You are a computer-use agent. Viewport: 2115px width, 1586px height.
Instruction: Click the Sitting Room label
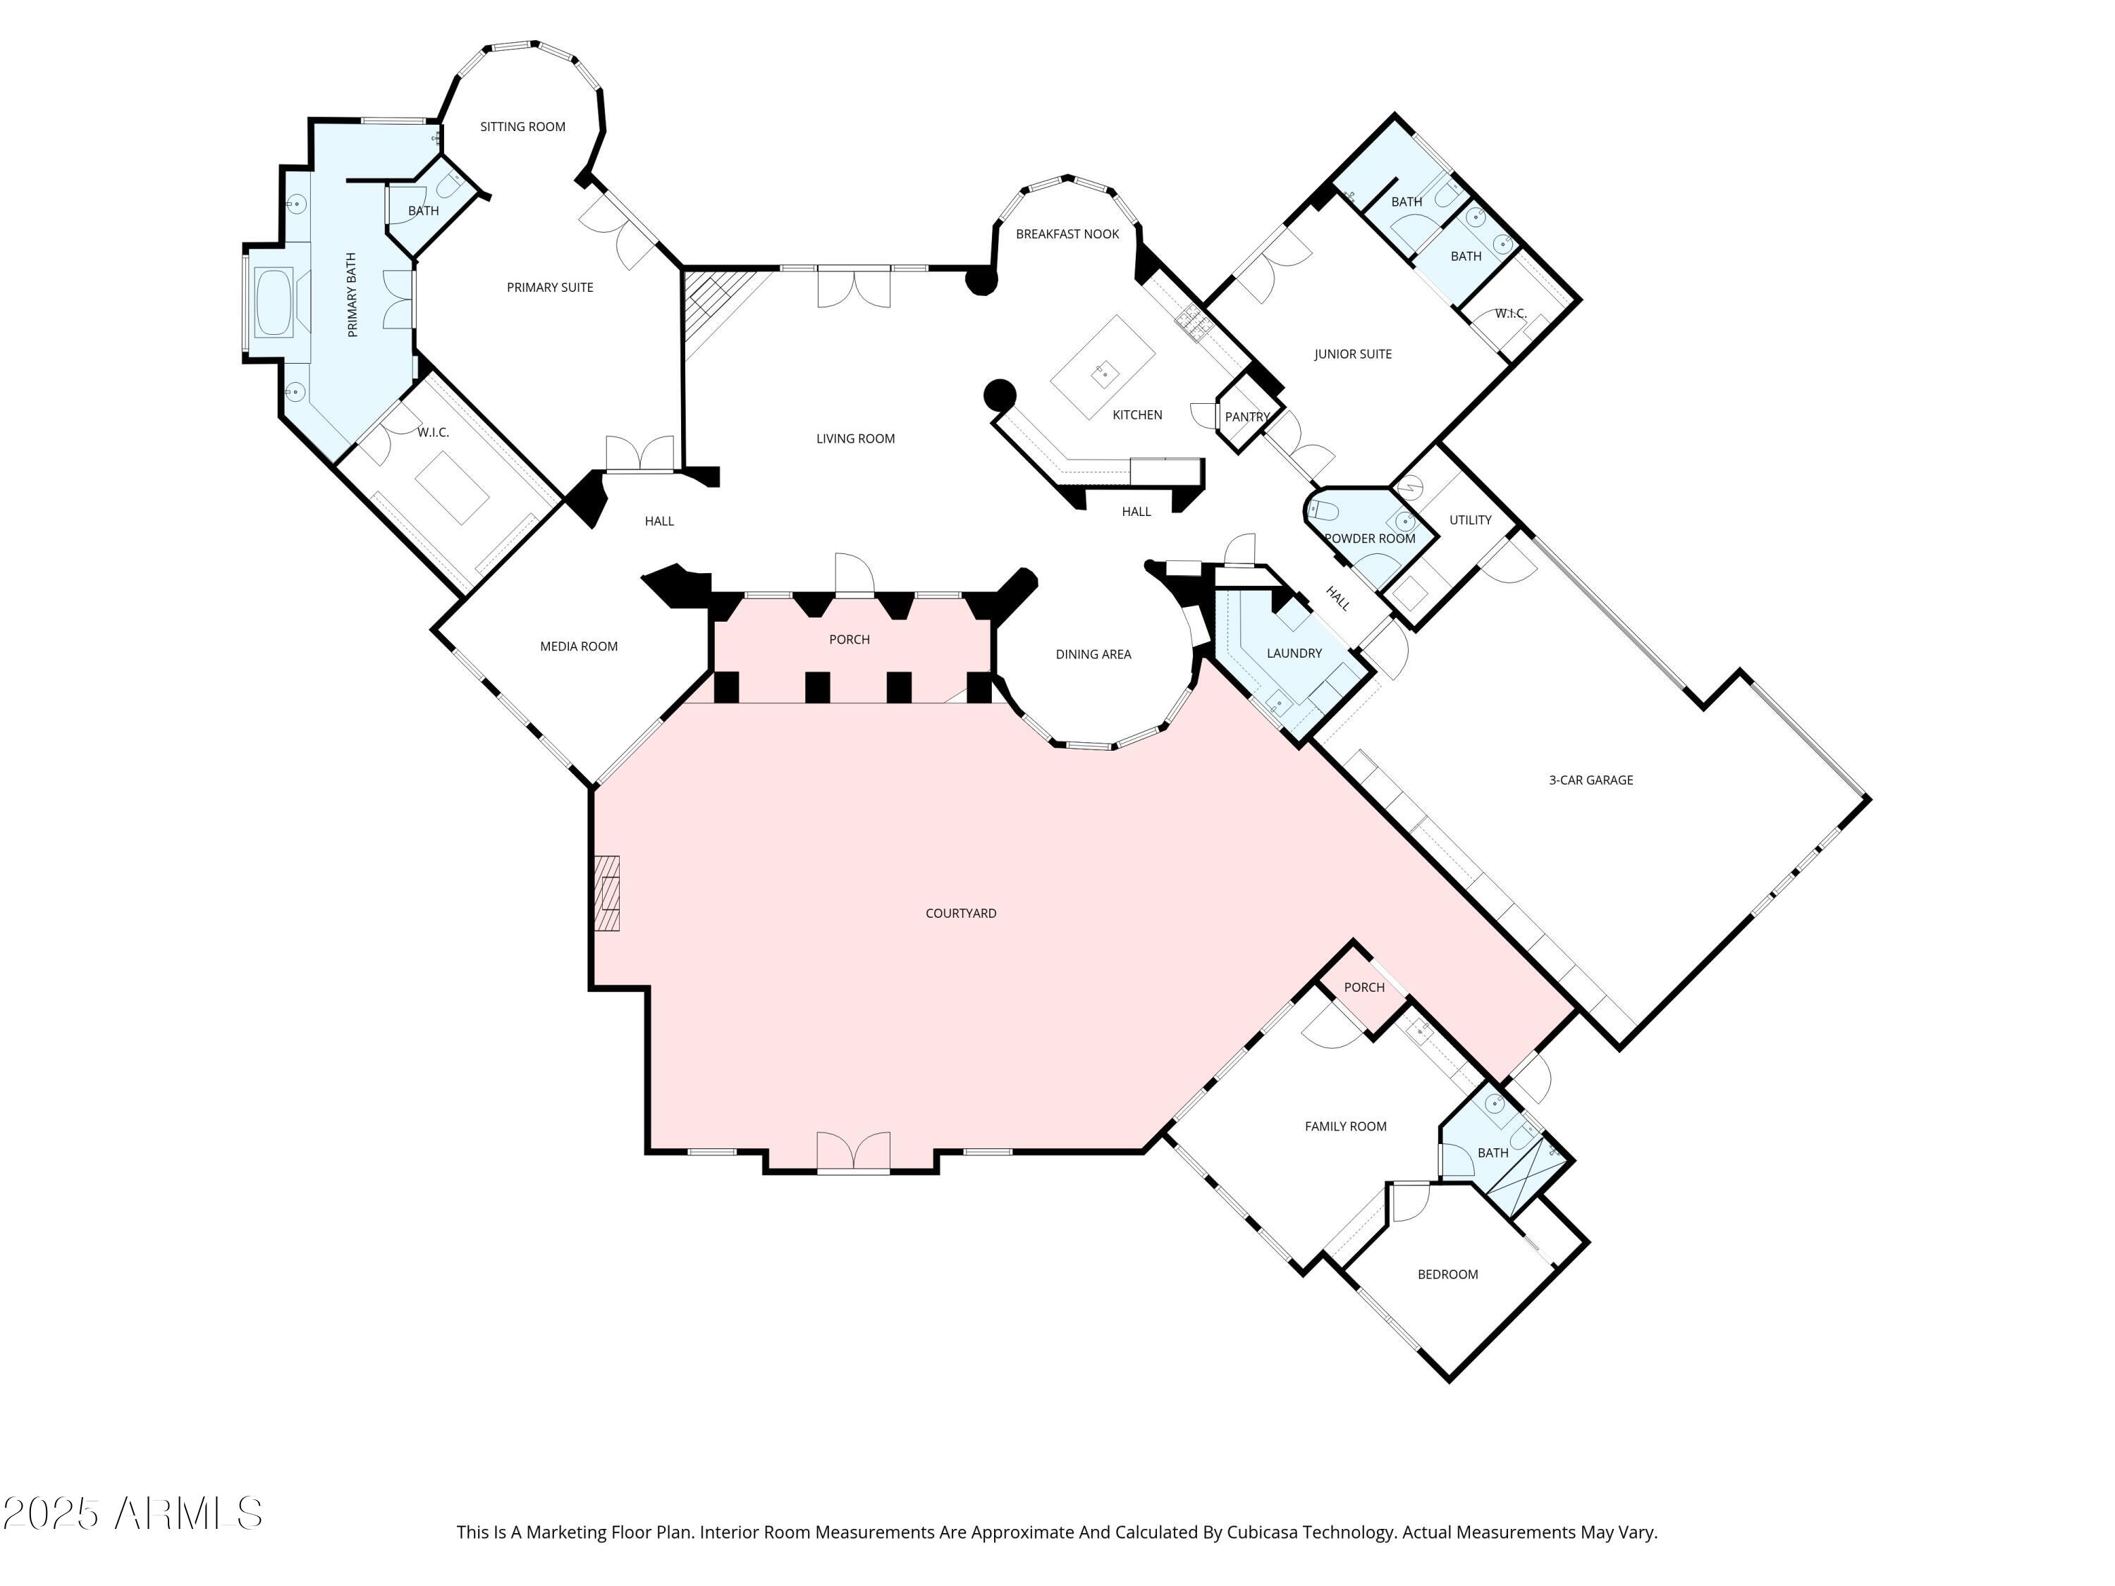click(x=522, y=126)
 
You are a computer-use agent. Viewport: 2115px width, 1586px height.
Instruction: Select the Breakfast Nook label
click(x=1067, y=234)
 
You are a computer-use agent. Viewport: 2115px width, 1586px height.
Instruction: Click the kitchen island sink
click(x=1104, y=373)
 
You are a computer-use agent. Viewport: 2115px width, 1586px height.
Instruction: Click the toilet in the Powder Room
click(x=1323, y=510)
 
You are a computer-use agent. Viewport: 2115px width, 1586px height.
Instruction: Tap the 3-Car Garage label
click(x=1590, y=780)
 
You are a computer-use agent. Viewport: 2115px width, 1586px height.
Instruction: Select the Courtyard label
click(x=960, y=913)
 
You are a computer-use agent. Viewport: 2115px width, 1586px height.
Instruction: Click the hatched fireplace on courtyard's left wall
click(x=607, y=893)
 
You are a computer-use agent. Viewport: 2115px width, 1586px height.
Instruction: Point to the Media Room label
click(x=579, y=646)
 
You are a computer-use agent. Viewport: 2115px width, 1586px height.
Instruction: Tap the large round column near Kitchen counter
click(x=999, y=394)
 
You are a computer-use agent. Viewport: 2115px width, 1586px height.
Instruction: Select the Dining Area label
click(x=1093, y=655)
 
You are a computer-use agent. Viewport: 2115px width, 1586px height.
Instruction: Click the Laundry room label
click(x=1294, y=653)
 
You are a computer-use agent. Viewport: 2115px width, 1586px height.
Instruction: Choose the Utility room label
click(x=1470, y=520)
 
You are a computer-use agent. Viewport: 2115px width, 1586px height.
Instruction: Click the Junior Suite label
click(x=1352, y=354)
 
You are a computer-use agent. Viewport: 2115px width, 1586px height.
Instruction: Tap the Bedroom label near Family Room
click(x=1447, y=1274)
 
